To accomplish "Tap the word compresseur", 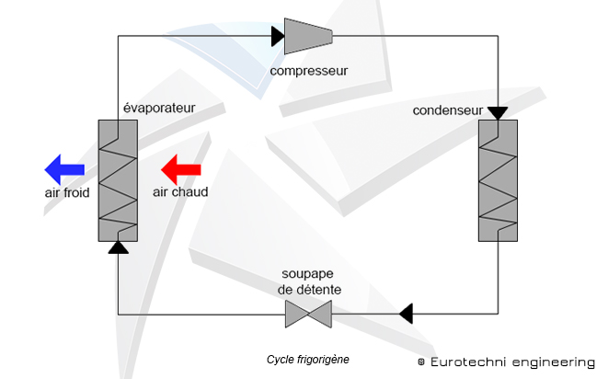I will click(308, 70).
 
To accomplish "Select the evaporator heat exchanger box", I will click(118, 181).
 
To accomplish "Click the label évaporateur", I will click(160, 108).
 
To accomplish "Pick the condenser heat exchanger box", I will click(498, 181).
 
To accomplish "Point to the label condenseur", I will click(449, 111).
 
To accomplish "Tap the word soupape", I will click(309, 275).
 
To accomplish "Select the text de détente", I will click(309, 290).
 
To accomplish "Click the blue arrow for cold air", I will click(64, 169).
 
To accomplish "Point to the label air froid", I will click(67, 193).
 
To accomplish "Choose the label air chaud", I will click(180, 193).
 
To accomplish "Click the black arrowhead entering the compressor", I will click(278, 37).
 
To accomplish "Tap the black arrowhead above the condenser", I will click(498, 113).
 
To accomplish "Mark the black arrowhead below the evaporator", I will click(118, 247).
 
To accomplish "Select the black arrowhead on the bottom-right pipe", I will click(406, 315).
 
